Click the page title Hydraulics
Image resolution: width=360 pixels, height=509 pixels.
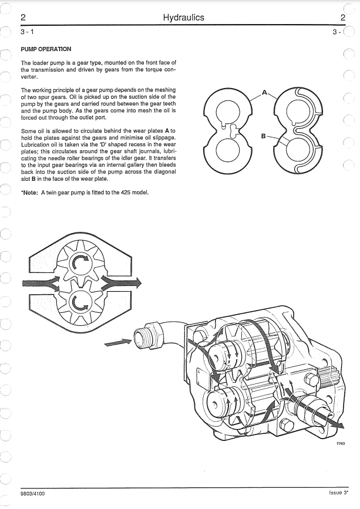click(183, 18)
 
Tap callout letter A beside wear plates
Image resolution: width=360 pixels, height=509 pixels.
click(264, 92)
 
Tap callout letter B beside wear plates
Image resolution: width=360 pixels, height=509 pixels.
click(264, 136)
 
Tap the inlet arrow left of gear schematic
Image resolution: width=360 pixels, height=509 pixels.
click(40, 284)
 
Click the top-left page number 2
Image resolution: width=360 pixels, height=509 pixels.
click(23, 18)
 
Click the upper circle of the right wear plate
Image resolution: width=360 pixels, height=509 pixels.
click(300, 112)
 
